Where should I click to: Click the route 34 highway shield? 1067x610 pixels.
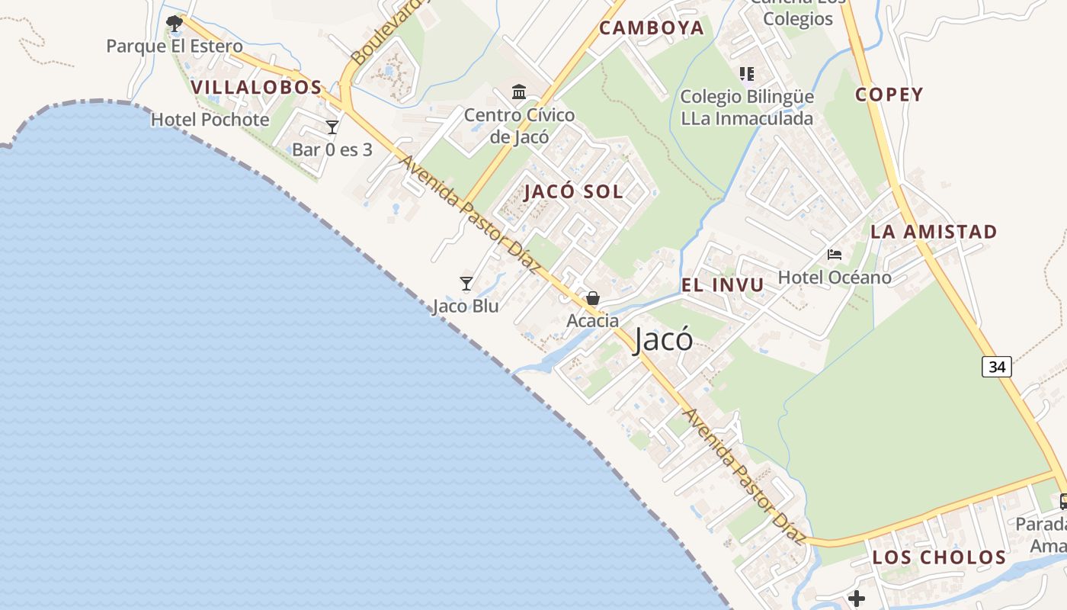pos(996,367)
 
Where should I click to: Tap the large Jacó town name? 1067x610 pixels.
pos(663,340)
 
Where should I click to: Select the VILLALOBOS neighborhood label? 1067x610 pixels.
pos(256,87)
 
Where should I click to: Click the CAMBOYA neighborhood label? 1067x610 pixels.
pos(651,28)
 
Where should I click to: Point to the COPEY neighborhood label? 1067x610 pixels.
pos(889,95)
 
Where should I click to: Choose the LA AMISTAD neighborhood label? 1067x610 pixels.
pos(934,232)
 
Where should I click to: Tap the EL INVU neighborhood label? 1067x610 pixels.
pos(722,285)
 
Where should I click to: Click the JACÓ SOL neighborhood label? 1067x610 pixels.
pos(573,191)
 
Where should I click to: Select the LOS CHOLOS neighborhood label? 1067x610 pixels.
pos(939,557)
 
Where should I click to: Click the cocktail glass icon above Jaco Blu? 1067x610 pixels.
pos(466,284)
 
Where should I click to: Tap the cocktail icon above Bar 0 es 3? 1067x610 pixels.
pos(332,127)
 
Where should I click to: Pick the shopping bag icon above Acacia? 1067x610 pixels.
pos(593,298)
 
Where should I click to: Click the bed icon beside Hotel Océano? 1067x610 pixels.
pos(835,254)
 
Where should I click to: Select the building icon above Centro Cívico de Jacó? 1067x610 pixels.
pos(519,92)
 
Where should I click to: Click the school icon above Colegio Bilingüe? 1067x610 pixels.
pos(747,74)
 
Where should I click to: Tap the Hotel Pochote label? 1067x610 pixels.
pos(210,120)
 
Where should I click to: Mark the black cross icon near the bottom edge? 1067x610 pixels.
pos(857,599)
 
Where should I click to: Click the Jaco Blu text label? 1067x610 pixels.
pos(466,307)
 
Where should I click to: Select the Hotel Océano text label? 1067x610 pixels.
pos(835,277)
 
